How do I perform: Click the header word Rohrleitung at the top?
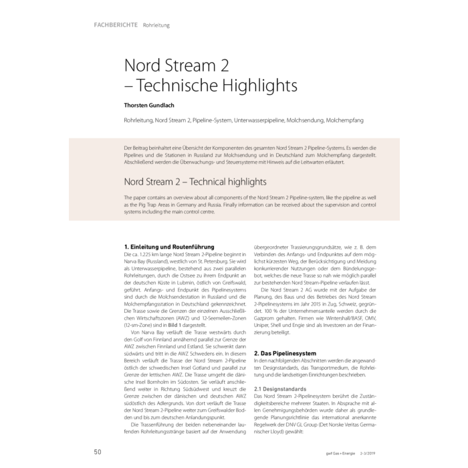coord(156,25)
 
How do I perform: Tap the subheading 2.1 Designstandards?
coord(284,388)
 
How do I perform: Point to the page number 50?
coord(98,452)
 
